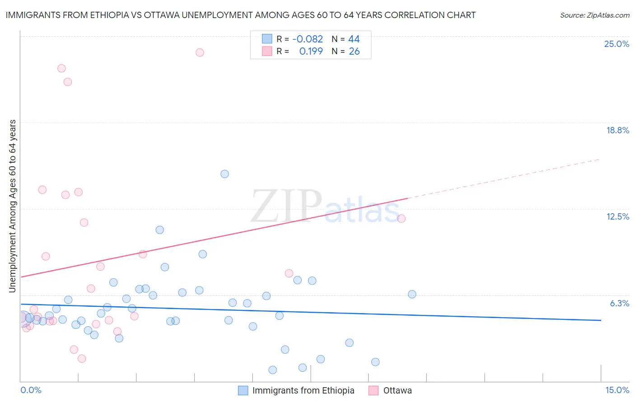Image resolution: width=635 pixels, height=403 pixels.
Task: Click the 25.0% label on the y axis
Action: click(x=616, y=44)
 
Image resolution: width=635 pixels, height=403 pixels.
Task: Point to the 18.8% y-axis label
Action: click(x=617, y=130)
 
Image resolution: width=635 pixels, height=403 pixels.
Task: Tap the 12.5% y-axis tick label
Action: click(x=617, y=216)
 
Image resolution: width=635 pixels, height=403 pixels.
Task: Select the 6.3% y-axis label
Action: click(x=619, y=303)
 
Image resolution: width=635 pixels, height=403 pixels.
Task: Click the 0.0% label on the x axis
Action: click(x=31, y=390)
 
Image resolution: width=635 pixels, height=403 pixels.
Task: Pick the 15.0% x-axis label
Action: click(x=617, y=390)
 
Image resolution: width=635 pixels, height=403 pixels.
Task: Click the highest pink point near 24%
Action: click(x=200, y=52)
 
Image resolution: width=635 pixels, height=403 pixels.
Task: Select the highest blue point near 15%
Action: click(x=224, y=174)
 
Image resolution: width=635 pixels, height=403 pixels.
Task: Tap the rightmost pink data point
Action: click(x=401, y=219)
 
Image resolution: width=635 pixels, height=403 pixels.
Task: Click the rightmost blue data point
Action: click(x=412, y=294)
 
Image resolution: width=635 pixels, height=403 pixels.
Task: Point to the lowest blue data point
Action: click(x=272, y=370)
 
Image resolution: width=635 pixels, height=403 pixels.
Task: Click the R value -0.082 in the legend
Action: click(x=308, y=39)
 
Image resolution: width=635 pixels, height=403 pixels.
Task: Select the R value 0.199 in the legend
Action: click(x=311, y=52)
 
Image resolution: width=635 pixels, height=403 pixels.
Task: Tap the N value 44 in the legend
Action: click(x=354, y=39)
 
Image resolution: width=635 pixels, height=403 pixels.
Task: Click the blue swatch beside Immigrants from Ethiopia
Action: click(x=243, y=390)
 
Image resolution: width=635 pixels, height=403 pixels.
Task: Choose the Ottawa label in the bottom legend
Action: click(x=397, y=390)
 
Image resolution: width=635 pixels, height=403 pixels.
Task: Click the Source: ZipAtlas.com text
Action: click(x=594, y=15)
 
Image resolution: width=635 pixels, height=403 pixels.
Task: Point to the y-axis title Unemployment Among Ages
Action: click(x=13, y=206)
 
